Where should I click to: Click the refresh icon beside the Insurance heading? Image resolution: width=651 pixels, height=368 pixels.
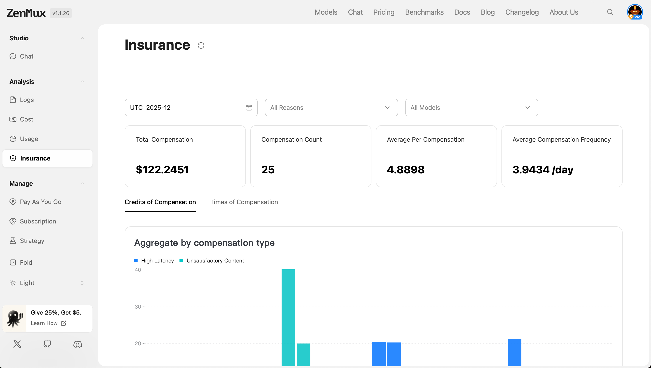pos(201,45)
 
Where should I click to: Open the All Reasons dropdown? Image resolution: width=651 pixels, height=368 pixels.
pos(331,108)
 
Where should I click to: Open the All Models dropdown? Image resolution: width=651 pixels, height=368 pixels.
pos(471,108)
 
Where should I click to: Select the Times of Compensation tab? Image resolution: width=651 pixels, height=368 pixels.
pos(244,202)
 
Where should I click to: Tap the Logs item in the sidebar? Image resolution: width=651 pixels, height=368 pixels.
pos(27,100)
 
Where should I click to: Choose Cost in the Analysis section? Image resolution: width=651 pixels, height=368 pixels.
pos(26,119)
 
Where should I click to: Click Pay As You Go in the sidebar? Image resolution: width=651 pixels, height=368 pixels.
pos(40,202)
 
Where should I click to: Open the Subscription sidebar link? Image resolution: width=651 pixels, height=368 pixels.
pos(38,221)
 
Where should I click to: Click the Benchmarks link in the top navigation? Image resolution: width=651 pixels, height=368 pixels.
pos(424,12)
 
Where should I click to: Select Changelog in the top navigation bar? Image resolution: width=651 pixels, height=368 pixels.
pos(522,12)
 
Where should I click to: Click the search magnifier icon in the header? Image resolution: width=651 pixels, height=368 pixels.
pos(610,12)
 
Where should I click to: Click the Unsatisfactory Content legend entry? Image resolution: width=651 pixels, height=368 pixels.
pos(215,260)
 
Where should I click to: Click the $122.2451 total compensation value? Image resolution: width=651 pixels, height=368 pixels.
pos(162,169)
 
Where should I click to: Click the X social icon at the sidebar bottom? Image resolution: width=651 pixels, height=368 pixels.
pos(17,344)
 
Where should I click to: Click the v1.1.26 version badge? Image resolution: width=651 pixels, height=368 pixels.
pos(61,13)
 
